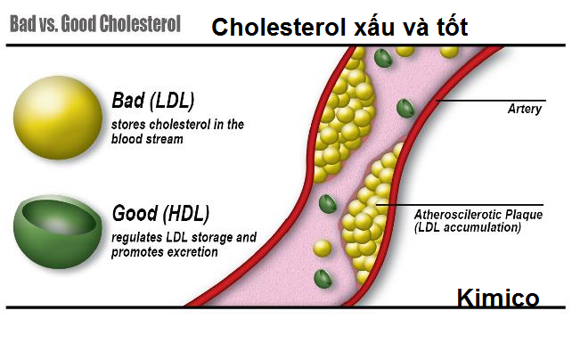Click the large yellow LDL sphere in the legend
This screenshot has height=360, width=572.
[55, 117]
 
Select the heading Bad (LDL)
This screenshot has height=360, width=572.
[153, 98]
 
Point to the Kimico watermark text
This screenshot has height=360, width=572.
[498, 298]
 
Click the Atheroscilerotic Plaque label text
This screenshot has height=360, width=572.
[478, 215]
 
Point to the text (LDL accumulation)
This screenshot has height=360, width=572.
[468, 227]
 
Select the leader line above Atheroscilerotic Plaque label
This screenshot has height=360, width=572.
[463, 204]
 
